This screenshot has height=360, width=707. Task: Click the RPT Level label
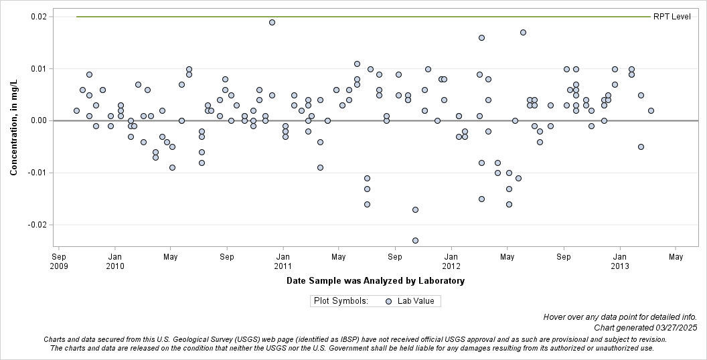(672, 17)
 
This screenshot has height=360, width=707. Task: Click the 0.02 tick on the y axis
(38, 17)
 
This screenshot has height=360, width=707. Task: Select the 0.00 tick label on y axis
(38, 120)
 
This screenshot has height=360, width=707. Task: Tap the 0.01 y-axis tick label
(38, 69)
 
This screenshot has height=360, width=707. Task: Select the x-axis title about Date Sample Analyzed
(375, 281)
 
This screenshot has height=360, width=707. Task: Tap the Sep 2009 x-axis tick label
(59, 261)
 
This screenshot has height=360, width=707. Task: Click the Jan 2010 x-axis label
(115, 261)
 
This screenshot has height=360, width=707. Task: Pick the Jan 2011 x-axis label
(283, 261)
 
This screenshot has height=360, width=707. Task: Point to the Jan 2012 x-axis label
(451, 261)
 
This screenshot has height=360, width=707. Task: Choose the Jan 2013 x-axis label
(620, 261)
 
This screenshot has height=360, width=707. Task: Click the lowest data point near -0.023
(415, 240)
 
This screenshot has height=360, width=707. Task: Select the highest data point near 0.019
(272, 22)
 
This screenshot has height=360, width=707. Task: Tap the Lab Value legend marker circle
(389, 301)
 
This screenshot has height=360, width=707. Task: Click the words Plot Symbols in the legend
(341, 301)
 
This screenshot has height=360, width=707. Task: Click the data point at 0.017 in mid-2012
(523, 32)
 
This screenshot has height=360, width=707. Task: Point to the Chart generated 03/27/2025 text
(645, 328)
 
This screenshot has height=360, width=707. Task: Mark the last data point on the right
(651, 110)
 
